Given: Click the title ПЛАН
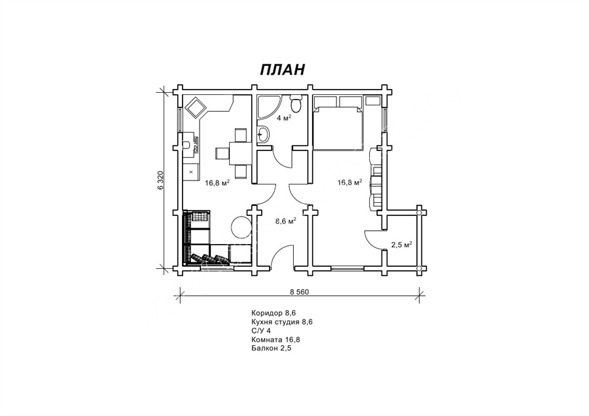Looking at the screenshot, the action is [282, 70].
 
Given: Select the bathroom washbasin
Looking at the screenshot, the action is [263, 134].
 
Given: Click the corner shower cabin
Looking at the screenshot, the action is [268, 107].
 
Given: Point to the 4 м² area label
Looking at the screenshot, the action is [285, 118].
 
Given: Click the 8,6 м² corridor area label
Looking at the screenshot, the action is [286, 221].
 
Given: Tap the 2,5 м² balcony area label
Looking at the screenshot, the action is [402, 245].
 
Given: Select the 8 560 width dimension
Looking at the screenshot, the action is [299, 292].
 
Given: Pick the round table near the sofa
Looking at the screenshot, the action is [240, 227].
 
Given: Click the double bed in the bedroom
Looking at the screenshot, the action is [338, 128].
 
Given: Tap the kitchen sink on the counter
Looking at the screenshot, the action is [187, 144].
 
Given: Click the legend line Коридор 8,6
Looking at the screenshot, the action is [271, 313].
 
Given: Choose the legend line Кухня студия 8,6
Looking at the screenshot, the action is [281, 322].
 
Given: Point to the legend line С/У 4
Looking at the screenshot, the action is [260, 331].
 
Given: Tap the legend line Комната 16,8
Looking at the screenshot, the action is [276, 339].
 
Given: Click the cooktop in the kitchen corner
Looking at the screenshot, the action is [196, 107].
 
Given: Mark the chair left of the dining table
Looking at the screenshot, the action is [222, 153].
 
